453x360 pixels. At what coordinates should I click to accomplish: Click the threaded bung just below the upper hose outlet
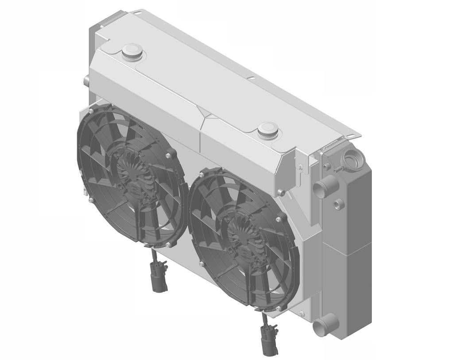pos(339,204)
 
